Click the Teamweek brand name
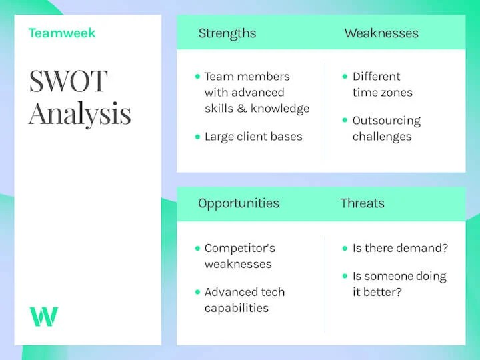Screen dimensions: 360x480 pyautogui.click(x=62, y=33)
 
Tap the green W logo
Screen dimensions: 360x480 pyautogui.click(x=43, y=316)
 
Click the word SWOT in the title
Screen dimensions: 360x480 pyautogui.click(x=68, y=82)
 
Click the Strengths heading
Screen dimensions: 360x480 pyautogui.click(x=227, y=33)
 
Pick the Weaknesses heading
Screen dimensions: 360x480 pyautogui.click(x=381, y=33)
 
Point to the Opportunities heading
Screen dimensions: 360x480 pyautogui.click(x=239, y=203)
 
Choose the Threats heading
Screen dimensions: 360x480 pyautogui.click(x=362, y=203)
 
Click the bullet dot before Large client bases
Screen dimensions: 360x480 pyautogui.click(x=197, y=137)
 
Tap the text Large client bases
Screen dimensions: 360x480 pyautogui.click(x=253, y=137)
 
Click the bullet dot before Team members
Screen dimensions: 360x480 pyautogui.click(x=197, y=77)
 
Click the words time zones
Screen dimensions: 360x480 pyautogui.click(x=383, y=93)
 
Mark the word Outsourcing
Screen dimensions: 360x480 pyautogui.click(x=387, y=121)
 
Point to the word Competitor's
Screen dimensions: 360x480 pyautogui.click(x=239, y=248)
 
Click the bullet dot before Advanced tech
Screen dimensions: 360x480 pyautogui.click(x=197, y=292)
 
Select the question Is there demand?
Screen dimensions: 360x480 pyautogui.click(x=400, y=248)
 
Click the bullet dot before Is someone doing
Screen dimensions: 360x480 pyautogui.click(x=345, y=276)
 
